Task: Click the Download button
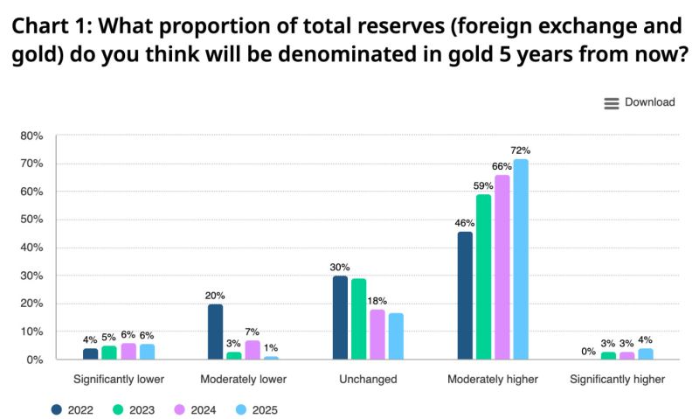(x=640, y=102)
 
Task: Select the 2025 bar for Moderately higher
(x=521, y=259)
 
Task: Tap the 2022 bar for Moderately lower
(x=215, y=332)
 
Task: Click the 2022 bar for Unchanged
(x=340, y=318)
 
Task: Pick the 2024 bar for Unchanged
(x=377, y=334)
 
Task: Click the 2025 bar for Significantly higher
(x=646, y=353)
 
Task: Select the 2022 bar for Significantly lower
(x=91, y=353)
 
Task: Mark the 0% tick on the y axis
(x=35, y=360)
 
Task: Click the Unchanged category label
(x=368, y=380)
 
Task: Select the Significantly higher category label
(x=617, y=380)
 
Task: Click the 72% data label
(x=521, y=150)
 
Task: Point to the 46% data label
(x=465, y=223)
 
